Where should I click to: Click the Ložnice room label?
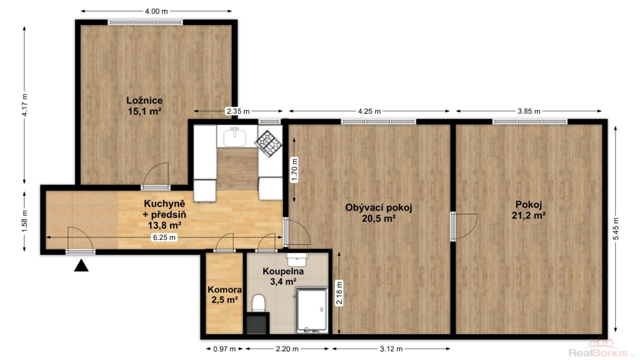(144, 101)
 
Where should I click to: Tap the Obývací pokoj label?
(378, 207)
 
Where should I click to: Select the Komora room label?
(224, 290)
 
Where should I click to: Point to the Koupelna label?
(283, 271)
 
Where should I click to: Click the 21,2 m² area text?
(529, 215)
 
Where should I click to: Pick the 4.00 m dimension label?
(156, 11)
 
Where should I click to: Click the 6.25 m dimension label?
(164, 237)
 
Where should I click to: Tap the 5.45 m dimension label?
(616, 229)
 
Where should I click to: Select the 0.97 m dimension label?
(224, 349)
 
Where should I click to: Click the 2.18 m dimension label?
(339, 293)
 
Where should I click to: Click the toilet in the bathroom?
(258, 303)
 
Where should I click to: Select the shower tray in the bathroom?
(311, 310)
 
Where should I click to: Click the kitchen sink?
(234, 137)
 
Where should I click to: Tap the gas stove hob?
(269, 144)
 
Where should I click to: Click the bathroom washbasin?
(297, 259)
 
